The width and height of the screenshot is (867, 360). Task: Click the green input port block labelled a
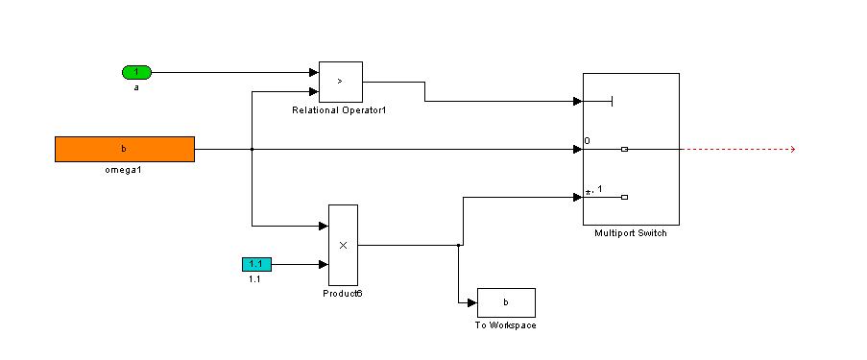[136, 72]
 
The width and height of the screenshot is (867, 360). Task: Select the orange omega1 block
[125, 149]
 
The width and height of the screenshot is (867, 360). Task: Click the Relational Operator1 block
[341, 82]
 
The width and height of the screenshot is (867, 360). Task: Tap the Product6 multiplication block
[343, 245]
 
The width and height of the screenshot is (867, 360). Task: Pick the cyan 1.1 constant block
[256, 264]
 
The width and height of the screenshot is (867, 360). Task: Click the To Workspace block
[506, 302]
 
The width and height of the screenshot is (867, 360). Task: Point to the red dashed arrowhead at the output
[792, 149]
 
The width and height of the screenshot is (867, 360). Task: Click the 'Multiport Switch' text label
[631, 233]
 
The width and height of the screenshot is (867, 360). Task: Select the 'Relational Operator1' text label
[338, 110]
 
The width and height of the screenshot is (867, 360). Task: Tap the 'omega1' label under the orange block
[123, 170]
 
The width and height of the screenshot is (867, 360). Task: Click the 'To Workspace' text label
[505, 325]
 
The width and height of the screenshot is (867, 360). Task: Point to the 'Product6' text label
[342, 293]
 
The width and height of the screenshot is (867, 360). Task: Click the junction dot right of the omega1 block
[253, 149]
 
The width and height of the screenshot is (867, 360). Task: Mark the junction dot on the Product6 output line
[458, 245]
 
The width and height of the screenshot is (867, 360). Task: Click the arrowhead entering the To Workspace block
[472, 302]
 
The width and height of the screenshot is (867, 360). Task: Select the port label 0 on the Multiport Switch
[588, 141]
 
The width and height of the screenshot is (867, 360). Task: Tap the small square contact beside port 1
[624, 197]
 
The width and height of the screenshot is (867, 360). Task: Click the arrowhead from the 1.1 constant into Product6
[324, 264]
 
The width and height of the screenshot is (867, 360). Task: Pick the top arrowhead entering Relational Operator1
[314, 72]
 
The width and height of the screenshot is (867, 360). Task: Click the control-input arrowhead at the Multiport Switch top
[578, 101]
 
